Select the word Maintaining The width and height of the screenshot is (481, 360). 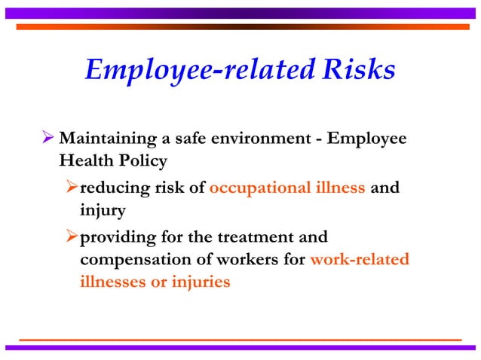(106, 140)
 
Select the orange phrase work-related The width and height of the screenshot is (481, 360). (360, 261)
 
